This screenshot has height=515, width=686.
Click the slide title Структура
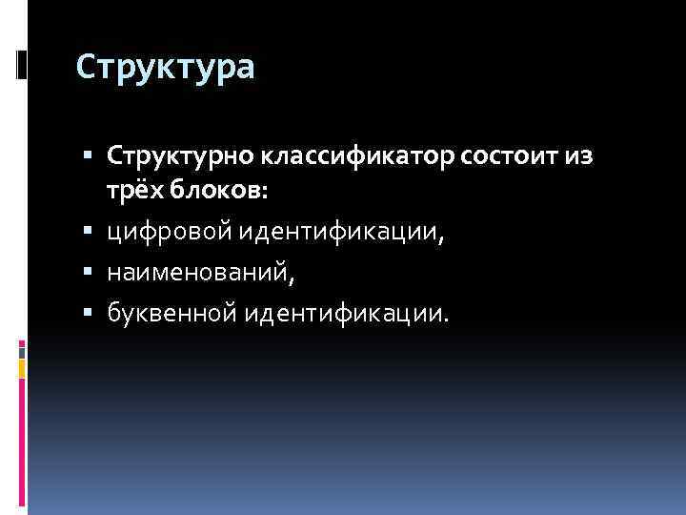tap(165, 68)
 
